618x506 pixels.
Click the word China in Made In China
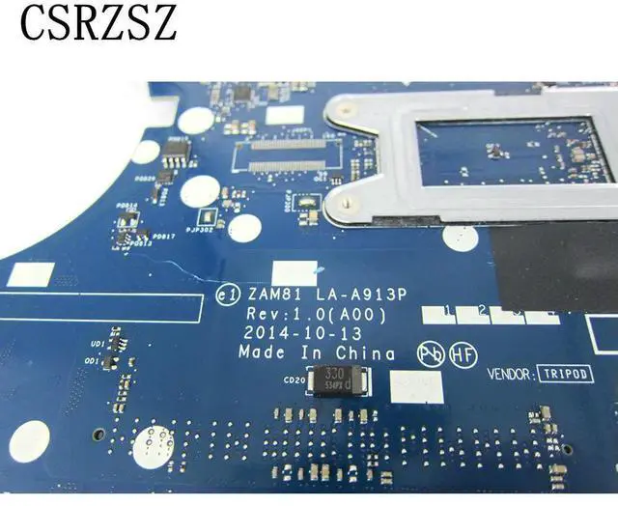(x=364, y=353)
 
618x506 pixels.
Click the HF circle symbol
(x=460, y=355)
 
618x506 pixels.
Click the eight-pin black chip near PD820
(x=175, y=152)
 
